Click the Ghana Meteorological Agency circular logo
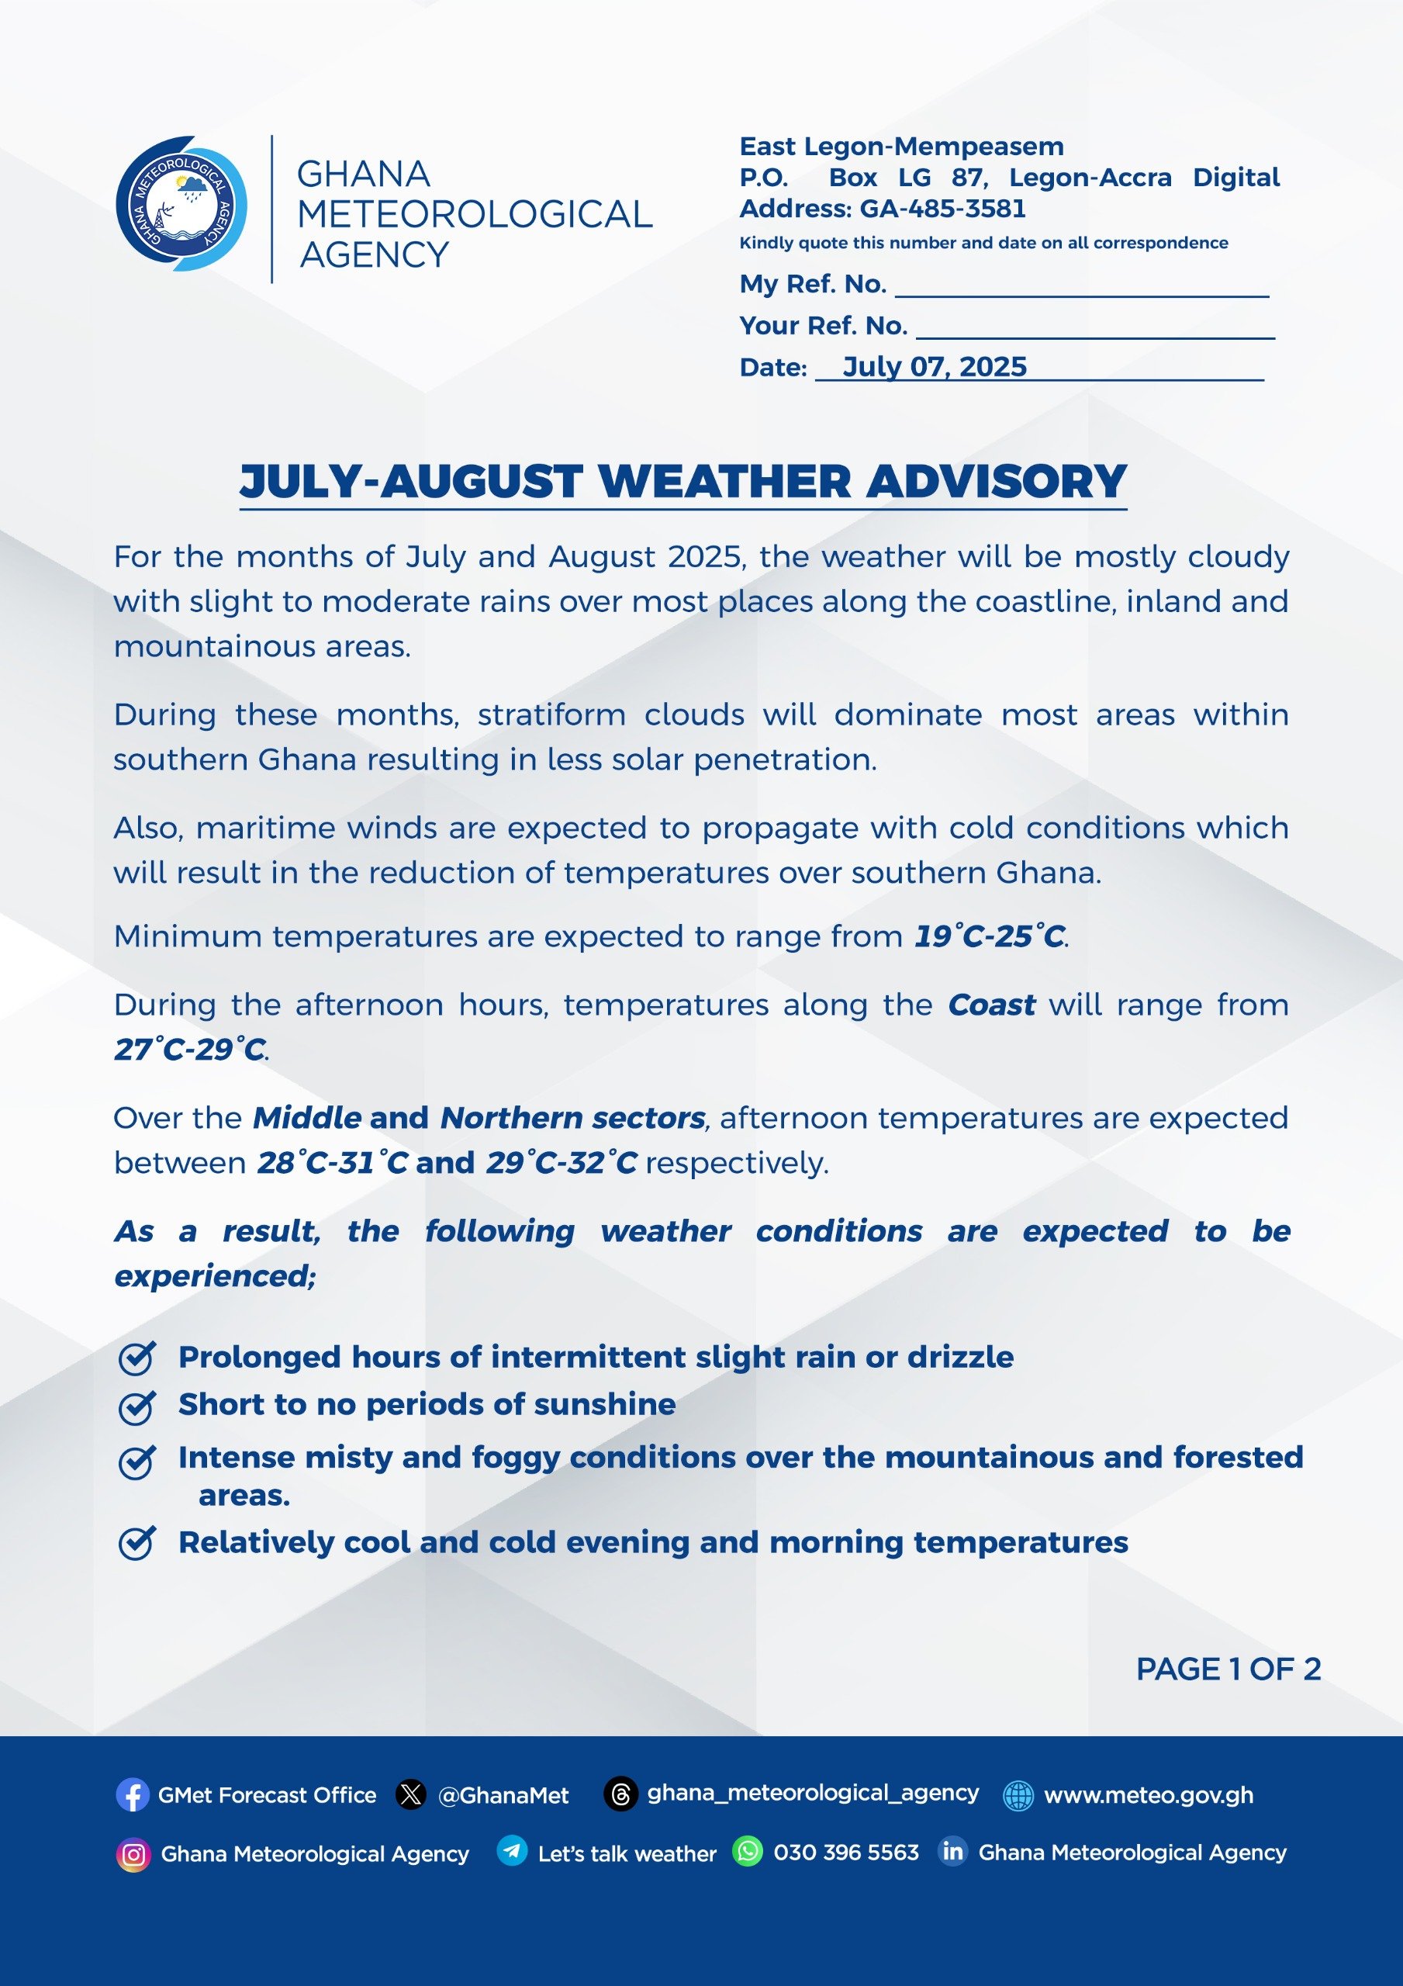pos(181,204)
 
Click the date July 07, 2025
pos(935,367)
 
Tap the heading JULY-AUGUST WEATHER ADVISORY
pos(683,481)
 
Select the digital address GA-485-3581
pos(942,209)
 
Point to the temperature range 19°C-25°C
pos(990,936)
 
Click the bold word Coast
pos(991,1005)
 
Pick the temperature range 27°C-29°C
pos(189,1049)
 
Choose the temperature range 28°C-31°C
pos(332,1163)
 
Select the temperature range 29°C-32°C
pos(561,1163)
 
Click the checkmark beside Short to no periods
pos(136,1407)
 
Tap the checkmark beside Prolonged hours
pos(136,1358)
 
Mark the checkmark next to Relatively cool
pos(136,1543)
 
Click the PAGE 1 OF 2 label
pos(1228,1669)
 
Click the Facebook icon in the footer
pos(133,1795)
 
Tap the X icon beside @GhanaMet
pos(411,1795)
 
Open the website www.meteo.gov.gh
pos(1148,1795)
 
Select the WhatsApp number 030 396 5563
pos(845,1852)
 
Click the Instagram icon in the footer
pos(133,1855)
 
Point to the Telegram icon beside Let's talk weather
pos(512,1851)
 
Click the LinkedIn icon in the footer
pos(952,1851)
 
